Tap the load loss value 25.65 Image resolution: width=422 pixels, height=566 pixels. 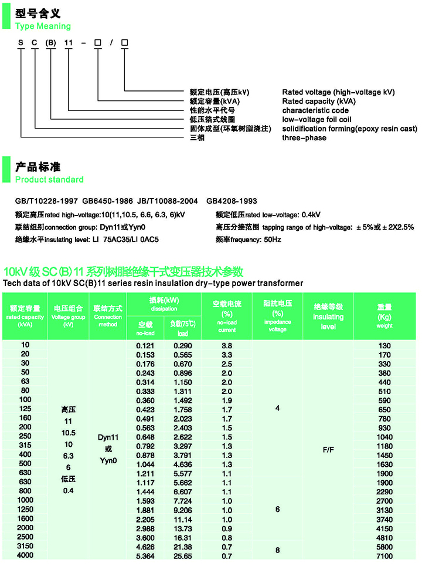coord(183,555)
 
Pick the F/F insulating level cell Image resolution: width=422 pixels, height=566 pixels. coord(328,451)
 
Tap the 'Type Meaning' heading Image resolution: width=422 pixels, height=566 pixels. coord(43,26)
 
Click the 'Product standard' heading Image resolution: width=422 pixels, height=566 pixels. coord(49,179)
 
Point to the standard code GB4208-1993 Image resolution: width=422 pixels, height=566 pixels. coord(232,201)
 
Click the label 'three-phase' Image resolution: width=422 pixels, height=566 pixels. coord(304,138)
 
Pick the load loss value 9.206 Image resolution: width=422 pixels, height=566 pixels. coord(183,510)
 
